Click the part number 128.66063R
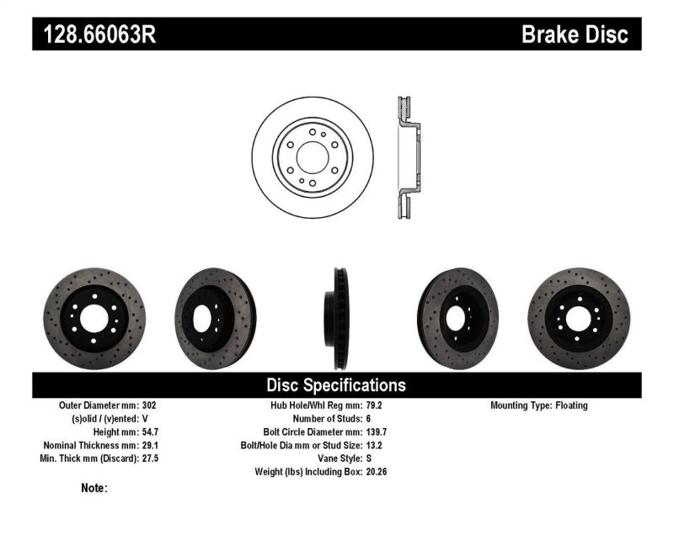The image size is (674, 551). [94, 34]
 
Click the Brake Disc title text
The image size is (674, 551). [575, 34]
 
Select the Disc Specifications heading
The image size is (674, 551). [336, 385]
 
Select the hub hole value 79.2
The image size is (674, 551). [376, 405]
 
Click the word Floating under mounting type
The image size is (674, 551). [572, 405]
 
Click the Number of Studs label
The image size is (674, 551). [326, 418]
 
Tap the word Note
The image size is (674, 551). [93, 488]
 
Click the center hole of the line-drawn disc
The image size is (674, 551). [312, 157]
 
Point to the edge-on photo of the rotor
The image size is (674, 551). [339, 319]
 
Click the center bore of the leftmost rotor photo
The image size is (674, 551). [94, 319]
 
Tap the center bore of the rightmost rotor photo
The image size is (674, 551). [579, 319]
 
